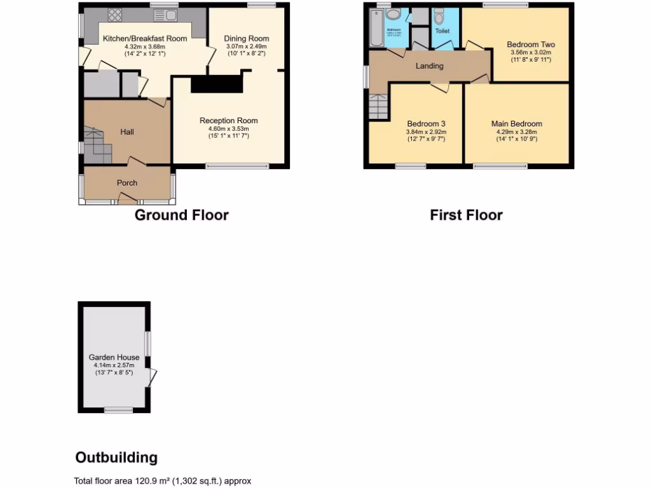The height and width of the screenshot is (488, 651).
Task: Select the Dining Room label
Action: [x=247, y=38]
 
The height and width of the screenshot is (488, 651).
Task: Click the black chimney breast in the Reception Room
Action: [x=217, y=84]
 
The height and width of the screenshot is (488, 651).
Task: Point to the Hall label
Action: [x=127, y=132]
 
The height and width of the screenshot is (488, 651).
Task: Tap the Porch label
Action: [x=127, y=182]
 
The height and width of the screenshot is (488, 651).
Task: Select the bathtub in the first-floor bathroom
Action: [x=374, y=29]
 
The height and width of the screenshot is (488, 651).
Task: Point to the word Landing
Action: [x=430, y=66]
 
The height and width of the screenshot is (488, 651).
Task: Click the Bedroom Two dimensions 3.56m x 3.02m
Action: [x=531, y=52]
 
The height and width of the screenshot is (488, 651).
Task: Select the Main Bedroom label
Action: [x=516, y=124]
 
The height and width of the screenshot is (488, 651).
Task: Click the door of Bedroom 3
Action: [x=439, y=87]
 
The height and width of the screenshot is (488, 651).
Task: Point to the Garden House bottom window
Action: [x=118, y=409]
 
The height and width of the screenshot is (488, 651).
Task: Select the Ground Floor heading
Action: [x=181, y=215]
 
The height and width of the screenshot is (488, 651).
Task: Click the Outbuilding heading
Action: [x=116, y=457]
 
